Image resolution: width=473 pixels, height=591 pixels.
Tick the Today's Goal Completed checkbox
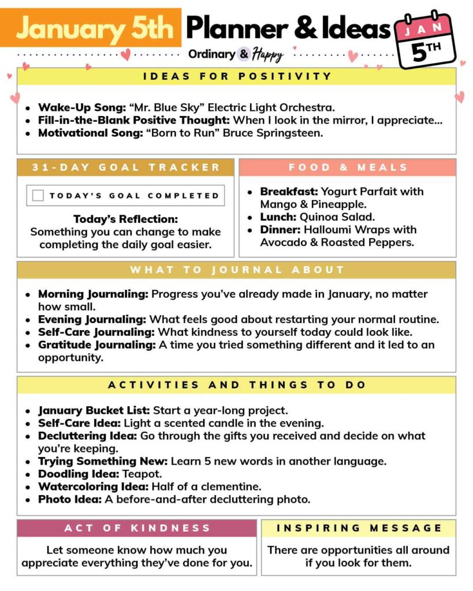coord(38,196)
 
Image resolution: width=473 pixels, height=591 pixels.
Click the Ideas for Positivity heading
coord(237,76)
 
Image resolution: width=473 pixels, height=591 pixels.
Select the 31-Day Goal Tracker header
coord(126,167)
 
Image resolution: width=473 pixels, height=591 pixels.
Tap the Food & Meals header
coord(348,167)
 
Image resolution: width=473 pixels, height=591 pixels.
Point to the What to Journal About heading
coord(237,270)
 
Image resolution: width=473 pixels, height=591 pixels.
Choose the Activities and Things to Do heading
coord(237,385)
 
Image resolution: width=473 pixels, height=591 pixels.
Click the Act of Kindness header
coord(137,528)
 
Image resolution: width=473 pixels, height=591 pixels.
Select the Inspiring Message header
coord(359,528)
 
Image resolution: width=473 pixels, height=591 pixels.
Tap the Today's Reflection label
coord(125,219)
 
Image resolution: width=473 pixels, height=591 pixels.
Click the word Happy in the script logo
coord(268,55)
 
